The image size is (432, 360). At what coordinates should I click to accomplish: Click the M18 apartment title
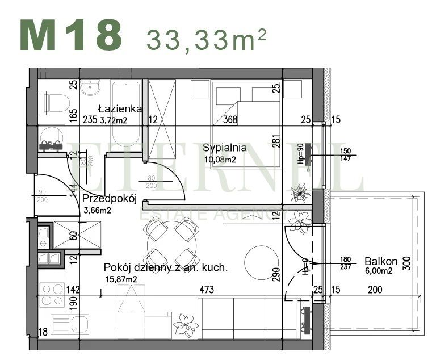[71, 35]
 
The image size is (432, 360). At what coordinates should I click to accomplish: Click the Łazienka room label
[120, 108]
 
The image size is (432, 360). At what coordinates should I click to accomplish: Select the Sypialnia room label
[225, 148]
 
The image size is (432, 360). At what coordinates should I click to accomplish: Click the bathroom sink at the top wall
[90, 88]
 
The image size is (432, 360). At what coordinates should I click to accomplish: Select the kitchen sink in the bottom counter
[74, 325]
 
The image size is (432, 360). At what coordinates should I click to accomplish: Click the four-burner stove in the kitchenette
[52, 295]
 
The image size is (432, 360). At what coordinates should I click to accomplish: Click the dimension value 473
[206, 290]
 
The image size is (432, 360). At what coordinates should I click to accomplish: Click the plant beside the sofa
[185, 326]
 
